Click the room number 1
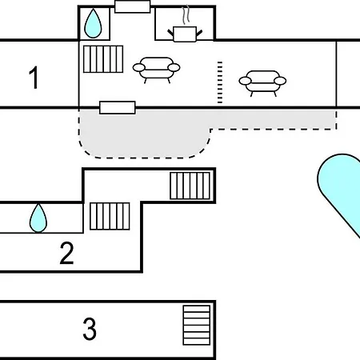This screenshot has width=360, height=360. click(34, 78)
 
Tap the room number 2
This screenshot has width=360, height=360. click(66, 253)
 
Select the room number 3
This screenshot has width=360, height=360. click(90, 329)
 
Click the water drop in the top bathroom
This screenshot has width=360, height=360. click(93, 23)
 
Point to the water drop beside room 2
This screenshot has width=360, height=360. click(38, 218)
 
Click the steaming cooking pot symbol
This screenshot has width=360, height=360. click(185, 34)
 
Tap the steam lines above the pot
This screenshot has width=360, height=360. click(186, 14)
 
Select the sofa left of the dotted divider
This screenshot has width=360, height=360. click(157, 70)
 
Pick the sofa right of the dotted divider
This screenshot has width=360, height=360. click(262, 83)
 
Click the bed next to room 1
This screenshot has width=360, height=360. click(103, 59)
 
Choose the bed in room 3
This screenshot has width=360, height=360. click(197, 325)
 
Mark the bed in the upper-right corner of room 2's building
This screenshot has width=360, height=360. click(190, 186)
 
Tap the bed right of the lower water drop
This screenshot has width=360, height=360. click(110, 216)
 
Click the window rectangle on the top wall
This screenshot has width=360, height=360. click(133, 6)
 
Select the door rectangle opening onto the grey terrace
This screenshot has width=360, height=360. click(118, 108)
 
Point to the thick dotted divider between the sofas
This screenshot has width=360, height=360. click(220, 82)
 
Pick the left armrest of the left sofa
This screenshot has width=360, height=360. click(138, 68)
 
